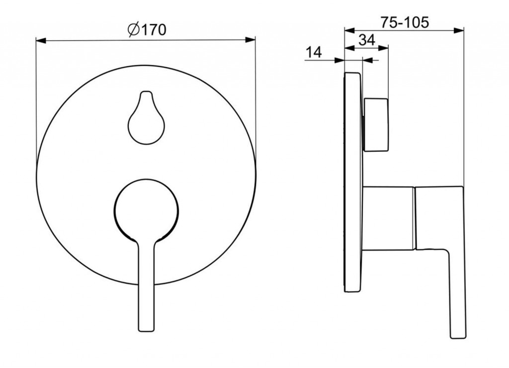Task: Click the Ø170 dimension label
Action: [147, 30]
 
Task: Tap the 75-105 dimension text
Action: [405, 22]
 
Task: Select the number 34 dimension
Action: [367, 40]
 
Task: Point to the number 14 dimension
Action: [314, 52]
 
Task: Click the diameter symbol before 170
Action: [133, 30]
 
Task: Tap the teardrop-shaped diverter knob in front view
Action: [147, 117]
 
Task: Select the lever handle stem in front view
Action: [146, 286]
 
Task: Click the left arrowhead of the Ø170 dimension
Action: [41, 40]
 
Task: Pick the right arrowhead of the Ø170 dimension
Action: [250, 40]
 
